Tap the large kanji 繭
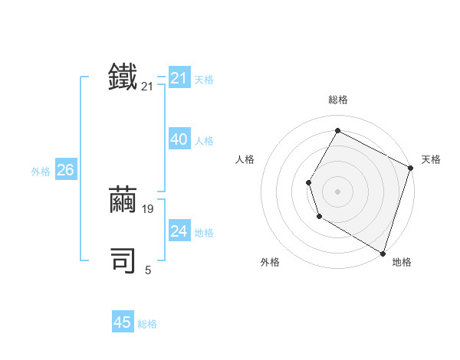(123, 200)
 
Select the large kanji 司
(123, 261)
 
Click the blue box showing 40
(179, 139)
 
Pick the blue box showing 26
(65, 170)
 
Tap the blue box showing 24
(179, 231)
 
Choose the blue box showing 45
(123, 322)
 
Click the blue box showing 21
(179, 78)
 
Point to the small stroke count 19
(148, 208)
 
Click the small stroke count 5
(148, 270)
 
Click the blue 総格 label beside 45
(147, 324)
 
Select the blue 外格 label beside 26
(41, 172)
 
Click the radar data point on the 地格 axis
(383, 253)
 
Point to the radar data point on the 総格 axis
(337, 131)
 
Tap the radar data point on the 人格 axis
(308, 182)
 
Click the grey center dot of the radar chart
(337, 191)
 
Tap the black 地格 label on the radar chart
(402, 262)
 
